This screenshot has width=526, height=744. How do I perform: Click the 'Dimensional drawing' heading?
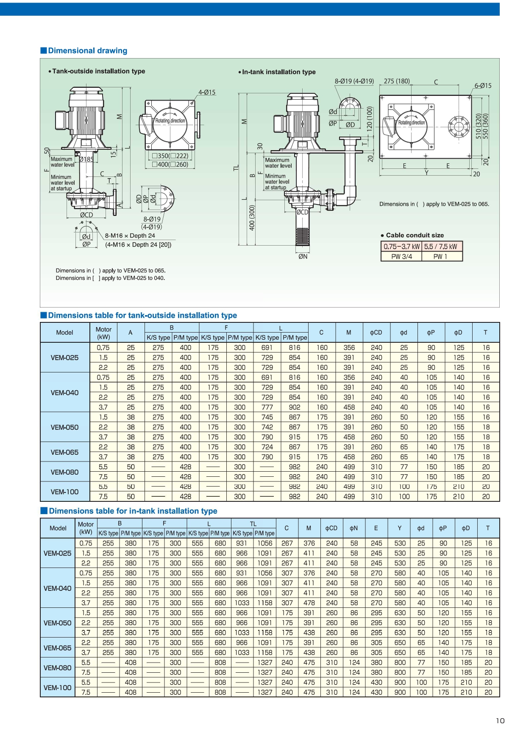[x=87, y=50]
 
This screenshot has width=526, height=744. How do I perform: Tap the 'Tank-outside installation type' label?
[x=98, y=71]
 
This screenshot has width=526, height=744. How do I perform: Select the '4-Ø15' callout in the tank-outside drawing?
[x=207, y=92]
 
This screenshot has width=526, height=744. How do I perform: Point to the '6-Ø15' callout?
[x=483, y=86]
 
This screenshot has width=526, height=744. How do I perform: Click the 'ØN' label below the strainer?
[x=303, y=256]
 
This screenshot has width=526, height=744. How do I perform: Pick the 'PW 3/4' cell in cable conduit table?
[x=401, y=256]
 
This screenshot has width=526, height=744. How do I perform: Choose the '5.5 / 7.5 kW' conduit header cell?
[x=441, y=246]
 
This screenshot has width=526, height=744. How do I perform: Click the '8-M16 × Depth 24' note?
[x=130, y=235]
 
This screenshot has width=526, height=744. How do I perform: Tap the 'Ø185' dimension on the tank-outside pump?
[x=86, y=159]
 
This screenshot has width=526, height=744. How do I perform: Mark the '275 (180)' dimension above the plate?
[x=397, y=81]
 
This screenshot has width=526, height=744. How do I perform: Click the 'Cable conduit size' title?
[x=415, y=235]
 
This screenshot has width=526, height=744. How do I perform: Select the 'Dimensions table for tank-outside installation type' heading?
[x=142, y=315]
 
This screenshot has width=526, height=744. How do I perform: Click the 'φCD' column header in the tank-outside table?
[x=376, y=333]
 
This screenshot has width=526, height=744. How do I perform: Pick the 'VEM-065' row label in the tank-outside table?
[x=64, y=452]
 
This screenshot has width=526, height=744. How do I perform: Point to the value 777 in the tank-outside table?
[x=267, y=407]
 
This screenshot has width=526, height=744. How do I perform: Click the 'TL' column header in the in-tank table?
[x=253, y=523]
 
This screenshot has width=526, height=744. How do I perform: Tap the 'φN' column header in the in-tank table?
[x=353, y=528]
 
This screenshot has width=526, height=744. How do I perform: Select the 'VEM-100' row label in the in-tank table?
[x=58, y=688]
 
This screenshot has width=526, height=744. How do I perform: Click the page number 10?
[x=500, y=720]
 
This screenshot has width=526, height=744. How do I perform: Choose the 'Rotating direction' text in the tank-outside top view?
[x=170, y=120]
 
